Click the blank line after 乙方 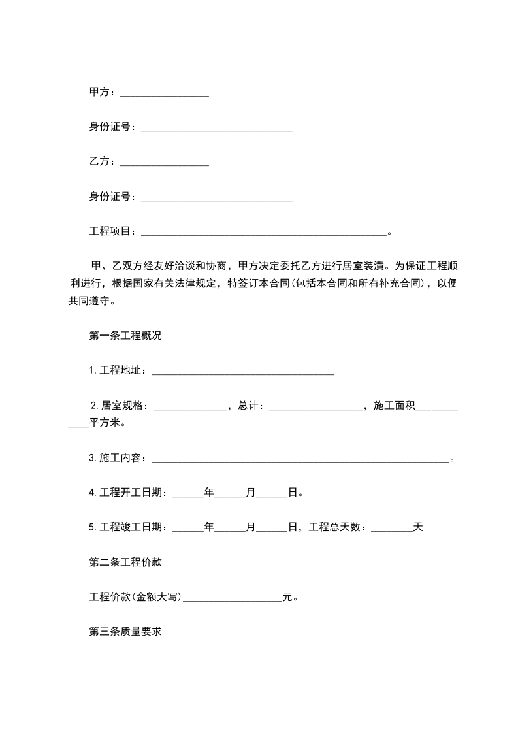165,163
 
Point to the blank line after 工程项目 264,233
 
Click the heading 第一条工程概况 125,336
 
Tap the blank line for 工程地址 242,372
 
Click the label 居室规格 124,406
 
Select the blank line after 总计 316,407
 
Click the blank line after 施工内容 300,459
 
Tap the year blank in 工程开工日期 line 188,494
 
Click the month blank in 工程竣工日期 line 230,528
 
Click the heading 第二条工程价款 125,562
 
